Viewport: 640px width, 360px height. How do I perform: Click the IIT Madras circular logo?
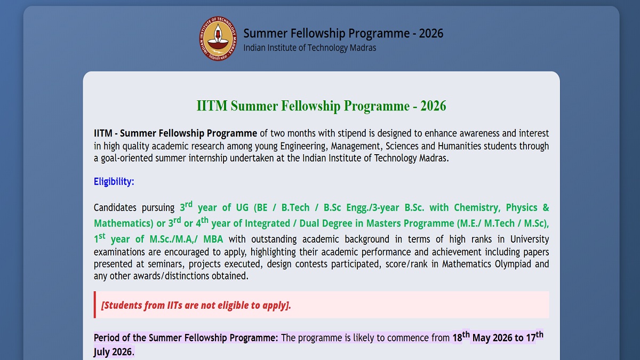point(218,38)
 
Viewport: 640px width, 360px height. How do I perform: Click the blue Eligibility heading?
point(114,182)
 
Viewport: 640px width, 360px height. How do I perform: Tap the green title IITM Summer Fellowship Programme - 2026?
point(322,106)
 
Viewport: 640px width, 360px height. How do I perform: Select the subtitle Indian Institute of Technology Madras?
point(310,47)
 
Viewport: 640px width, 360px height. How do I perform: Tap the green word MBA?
point(213,239)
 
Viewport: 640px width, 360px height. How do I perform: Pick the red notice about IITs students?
point(196,306)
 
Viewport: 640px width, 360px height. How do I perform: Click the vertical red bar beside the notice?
point(95,305)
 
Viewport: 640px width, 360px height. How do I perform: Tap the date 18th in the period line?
point(461,337)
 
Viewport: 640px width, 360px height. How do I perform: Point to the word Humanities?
point(459,146)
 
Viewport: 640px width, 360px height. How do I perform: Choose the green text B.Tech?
point(295,207)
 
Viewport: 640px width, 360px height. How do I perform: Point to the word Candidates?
point(115,207)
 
